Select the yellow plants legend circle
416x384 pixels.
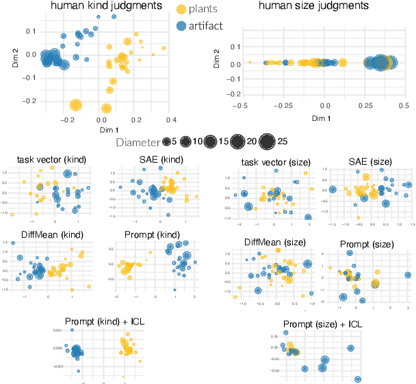tap(181, 10)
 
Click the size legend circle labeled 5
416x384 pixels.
tap(167, 143)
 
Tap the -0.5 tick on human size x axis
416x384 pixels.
tap(239, 106)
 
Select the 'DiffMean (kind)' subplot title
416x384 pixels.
tap(47, 235)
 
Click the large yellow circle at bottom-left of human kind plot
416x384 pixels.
tap(75, 105)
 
